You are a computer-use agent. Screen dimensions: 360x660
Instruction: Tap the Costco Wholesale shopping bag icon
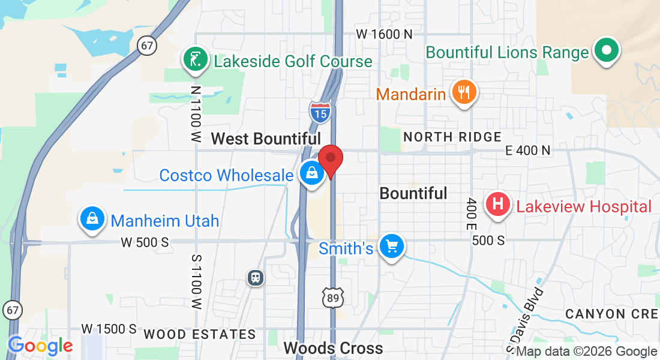point(312,173)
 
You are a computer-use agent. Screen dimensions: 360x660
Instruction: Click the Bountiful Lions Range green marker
point(607,50)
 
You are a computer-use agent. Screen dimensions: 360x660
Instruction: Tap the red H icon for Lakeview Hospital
point(497,205)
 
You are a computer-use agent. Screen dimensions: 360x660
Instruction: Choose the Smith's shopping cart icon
point(392,246)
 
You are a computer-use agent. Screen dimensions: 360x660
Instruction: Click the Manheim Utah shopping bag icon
point(93,219)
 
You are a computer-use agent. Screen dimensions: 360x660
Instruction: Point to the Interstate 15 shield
point(320,110)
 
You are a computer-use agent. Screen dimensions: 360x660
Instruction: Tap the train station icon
point(256,277)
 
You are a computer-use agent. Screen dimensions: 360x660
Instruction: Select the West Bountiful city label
point(266,139)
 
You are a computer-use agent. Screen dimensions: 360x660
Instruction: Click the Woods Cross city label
point(333,348)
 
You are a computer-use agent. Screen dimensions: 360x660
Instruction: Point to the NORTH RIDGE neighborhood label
point(452,137)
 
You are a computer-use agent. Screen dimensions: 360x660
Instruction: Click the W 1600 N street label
point(384,34)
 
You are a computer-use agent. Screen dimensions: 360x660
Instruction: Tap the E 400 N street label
point(528,150)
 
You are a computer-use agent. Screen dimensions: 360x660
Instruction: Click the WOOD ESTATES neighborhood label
point(200,334)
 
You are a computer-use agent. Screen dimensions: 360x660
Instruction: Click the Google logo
point(40,346)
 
